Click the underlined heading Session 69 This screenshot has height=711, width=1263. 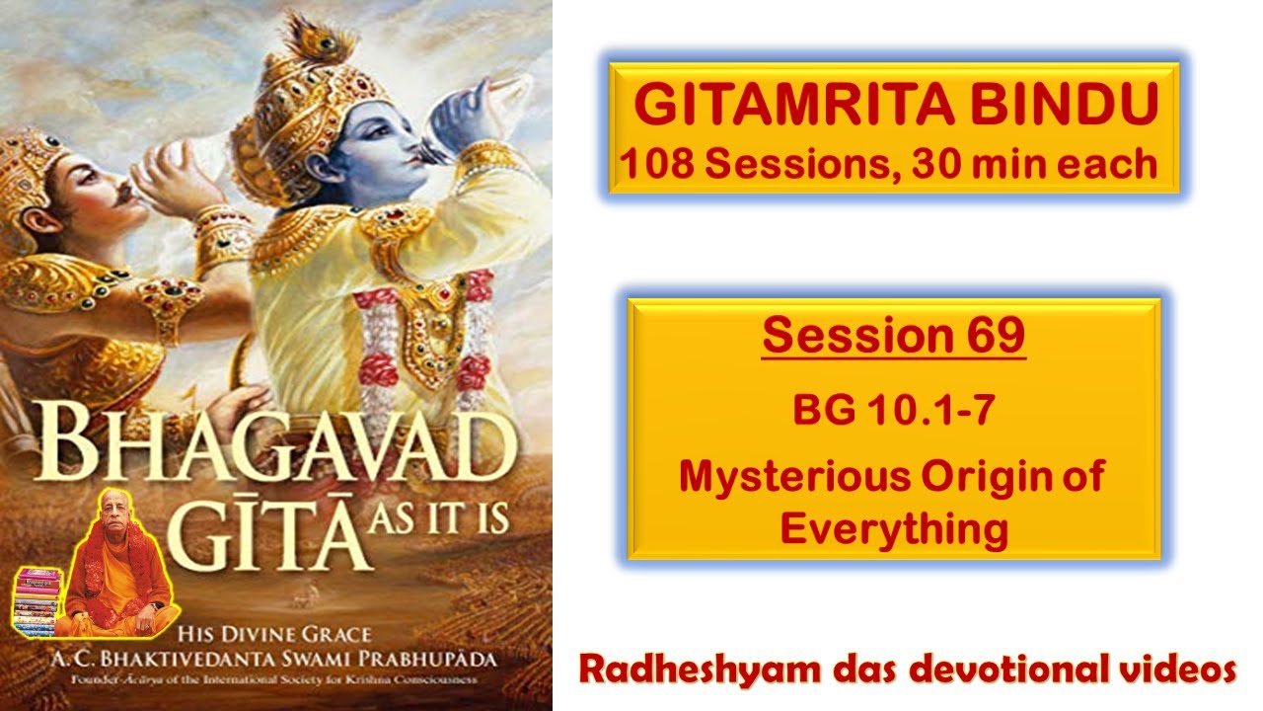pos(893,336)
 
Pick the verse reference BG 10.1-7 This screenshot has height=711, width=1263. pos(893,411)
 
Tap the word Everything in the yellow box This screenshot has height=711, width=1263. pos(893,528)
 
